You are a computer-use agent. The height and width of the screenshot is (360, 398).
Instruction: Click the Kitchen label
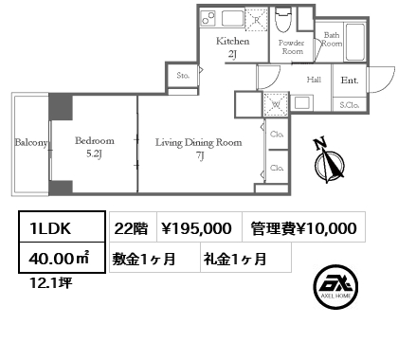pyautogui.click(x=233, y=42)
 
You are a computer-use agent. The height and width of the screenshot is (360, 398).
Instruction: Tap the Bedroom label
pyautogui.click(x=95, y=141)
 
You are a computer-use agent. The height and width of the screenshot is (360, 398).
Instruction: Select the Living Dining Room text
pyautogui.click(x=199, y=143)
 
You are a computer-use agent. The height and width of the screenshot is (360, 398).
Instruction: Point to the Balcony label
pyautogui.click(x=31, y=143)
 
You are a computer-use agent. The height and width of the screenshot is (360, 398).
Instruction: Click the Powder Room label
pyautogui.click(x=292, y=47)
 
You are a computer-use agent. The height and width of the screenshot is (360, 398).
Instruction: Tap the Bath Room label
pyautogui.click(x=332, y=39)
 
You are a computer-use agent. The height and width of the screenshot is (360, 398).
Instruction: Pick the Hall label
pyautogui.click(x=314, y=80)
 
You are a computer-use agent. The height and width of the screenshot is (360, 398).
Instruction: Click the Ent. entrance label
pyautogui.click(x=350, y=81)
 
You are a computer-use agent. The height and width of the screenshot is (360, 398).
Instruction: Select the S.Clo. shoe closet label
pyautogui.click(x=350, y=105)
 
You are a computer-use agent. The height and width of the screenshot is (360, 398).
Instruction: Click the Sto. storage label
pyautogui.click(x=183, y=76)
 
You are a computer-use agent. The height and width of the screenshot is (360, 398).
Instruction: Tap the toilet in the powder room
pyautogui.click(x=283, y=20)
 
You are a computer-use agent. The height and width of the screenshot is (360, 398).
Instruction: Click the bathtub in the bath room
pyautogui.click(x=355, y=42)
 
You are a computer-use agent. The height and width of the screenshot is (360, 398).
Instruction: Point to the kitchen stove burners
pyautogui.click(x=208, y=18)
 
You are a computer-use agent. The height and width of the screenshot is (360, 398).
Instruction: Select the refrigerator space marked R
pyautogui.click(x=257, y=19)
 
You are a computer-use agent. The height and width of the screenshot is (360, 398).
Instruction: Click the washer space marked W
pyautogui.click(x=276, y=104)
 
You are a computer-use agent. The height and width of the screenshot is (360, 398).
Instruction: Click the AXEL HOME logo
pyautogui.click(x=335, y=286)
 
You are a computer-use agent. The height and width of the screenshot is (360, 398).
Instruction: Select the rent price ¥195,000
pyautogui.click(x=196, y=228)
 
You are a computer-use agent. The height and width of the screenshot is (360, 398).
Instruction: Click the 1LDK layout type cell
pyautogui.click(x=62, y=226)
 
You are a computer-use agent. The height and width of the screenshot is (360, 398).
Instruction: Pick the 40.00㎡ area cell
pyautogui.click(x=62, y=258)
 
